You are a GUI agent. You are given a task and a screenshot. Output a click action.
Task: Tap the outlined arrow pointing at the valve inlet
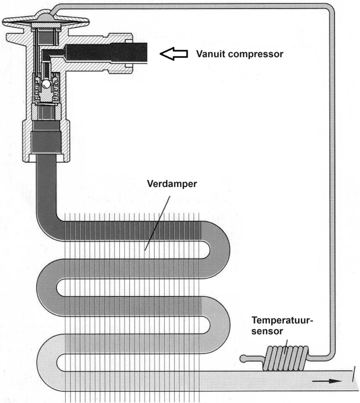(175, 54)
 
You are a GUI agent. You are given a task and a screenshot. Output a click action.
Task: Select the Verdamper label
(172, 184)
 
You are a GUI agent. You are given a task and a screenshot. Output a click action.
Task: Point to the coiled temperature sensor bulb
(285, 358)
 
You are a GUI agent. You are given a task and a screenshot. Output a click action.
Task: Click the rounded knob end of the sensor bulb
(244, 358)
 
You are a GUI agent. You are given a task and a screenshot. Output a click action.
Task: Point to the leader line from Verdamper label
(157, 222)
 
